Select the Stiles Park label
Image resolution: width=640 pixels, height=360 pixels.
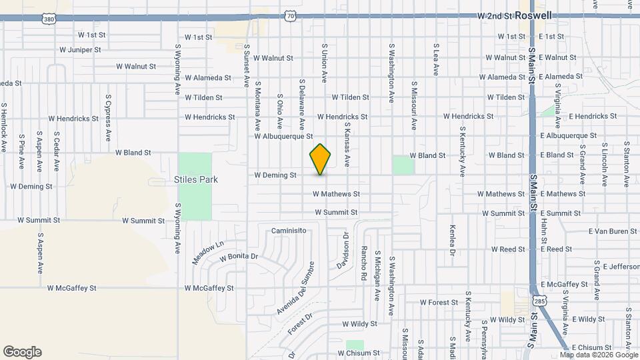(x=196, y=179)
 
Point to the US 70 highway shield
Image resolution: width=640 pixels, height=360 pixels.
(x=289, y=15)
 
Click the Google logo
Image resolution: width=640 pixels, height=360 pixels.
(x=22, y=352)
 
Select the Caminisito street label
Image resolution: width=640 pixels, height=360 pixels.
(x=289, y=230)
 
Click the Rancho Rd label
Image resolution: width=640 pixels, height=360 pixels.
(x=365, y=263)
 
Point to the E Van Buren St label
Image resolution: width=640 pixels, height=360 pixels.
(x=613, y=231)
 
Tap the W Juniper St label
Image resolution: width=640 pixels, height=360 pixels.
(x=80, y=49)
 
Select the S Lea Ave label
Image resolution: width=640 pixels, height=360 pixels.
(x=436, y=59)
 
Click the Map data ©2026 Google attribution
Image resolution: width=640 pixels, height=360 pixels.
(x=598, y=355)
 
